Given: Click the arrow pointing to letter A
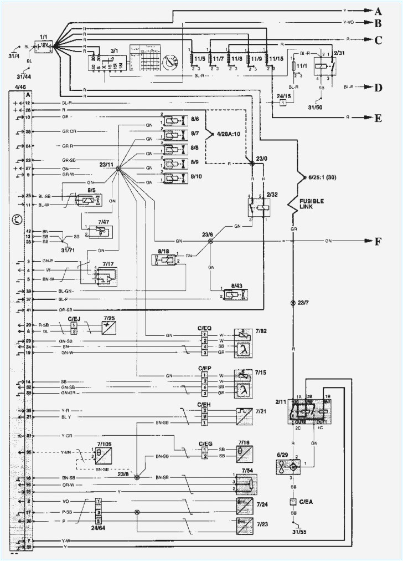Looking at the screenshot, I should (x=366, y=11).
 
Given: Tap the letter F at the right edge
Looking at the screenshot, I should (x=378, y=241).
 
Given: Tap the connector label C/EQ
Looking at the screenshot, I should (x=205, y=327).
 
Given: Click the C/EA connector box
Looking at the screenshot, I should (x=293, y=502).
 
